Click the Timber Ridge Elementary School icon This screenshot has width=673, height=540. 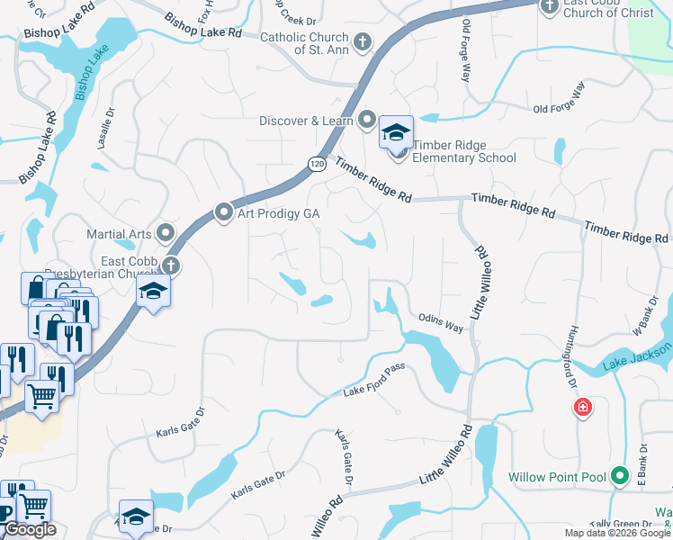396,133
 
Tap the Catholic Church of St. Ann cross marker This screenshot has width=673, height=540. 362,41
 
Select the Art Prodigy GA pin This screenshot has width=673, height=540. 224,212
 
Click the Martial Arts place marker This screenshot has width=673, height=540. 166,234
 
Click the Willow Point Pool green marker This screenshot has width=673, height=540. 619,475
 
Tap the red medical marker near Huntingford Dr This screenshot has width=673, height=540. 583,408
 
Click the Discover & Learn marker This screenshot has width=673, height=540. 367,120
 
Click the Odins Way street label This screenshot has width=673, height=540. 441,322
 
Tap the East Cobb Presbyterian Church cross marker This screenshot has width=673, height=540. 170,265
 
